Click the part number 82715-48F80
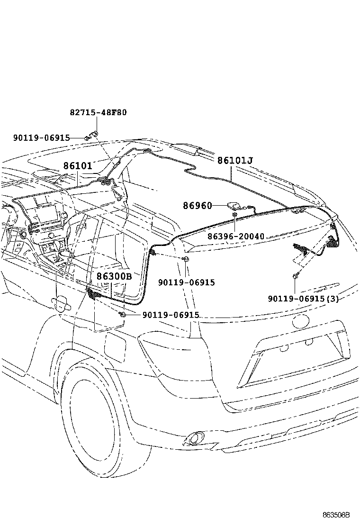98,113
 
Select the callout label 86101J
234,161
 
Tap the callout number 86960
198,206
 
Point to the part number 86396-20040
235,236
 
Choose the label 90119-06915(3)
303,298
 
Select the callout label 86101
77,166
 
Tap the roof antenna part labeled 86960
234,205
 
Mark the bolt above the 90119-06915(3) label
295,275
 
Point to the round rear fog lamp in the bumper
194,438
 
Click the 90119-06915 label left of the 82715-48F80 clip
41,138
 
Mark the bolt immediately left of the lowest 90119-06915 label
122,315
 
